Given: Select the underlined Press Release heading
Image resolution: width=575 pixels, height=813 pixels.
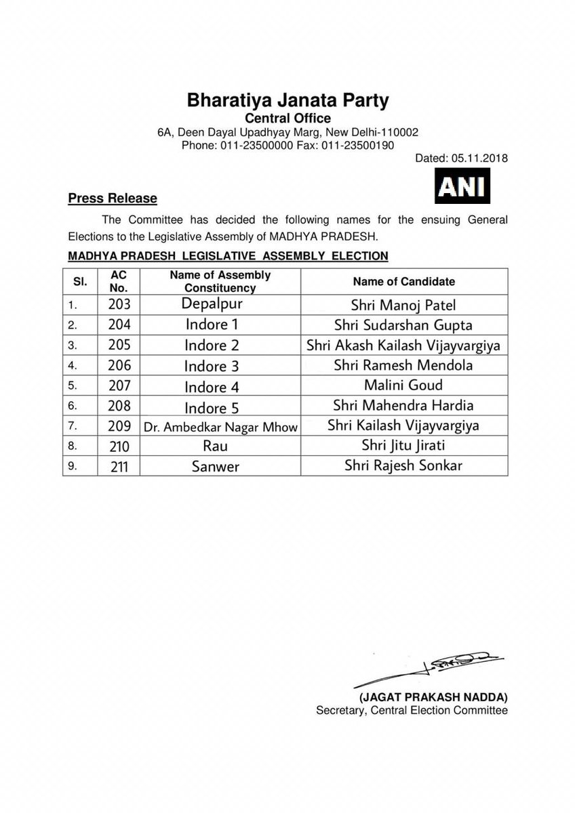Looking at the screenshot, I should (113, 199).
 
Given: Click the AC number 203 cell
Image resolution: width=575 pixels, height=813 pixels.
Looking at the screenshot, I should (119, 304).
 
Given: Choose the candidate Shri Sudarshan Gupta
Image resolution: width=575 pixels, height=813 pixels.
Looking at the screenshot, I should (403, 325).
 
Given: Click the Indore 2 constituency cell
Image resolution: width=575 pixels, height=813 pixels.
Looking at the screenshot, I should (212, 346).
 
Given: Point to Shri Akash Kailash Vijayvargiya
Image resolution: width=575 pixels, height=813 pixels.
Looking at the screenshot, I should (403, 346).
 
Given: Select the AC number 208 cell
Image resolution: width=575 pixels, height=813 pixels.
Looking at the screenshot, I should (119, 406).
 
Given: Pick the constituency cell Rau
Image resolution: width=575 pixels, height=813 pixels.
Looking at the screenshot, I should (212, 447).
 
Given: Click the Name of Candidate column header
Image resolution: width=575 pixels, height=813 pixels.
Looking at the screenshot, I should (403, 281).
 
